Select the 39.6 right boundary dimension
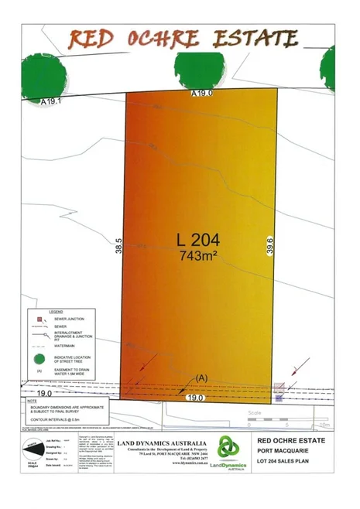(x=270, y=246)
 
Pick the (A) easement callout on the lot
(x=202, y=377)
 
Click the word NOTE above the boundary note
(x=30, y=401)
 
